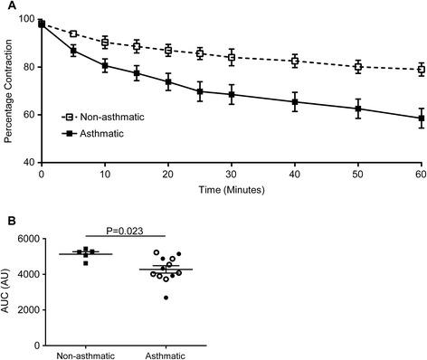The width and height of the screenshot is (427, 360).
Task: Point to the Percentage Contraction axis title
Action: (x=9, y=90)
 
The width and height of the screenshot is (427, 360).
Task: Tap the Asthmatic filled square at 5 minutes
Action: (x=73, y=50)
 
